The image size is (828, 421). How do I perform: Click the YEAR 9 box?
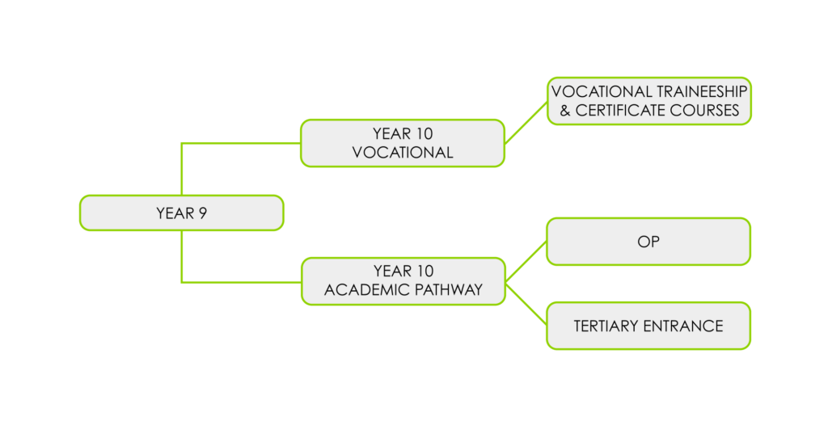pyautogui.click(x=181, y=213)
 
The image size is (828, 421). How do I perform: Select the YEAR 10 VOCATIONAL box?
pyautogui.click(x=402, y=143)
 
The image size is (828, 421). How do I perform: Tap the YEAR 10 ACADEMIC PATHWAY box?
pyautogui.click(x=403, y=280)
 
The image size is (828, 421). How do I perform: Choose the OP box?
pyautogui.click(x=648, y=242)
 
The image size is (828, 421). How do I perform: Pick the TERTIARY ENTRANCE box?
pyautogui.click(x=648, y=326)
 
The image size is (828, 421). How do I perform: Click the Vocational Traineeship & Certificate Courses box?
pyautogui.click(x=648, y=101)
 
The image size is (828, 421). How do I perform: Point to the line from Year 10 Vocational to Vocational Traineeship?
pyautogui.click(x=526, y=122)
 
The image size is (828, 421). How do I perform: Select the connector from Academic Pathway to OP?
pyautogui.click(x=526, y=261)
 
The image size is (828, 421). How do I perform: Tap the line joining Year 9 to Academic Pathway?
pyautogui.click(x=183, y=263)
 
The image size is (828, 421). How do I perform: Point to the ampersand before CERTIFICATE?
pyautogui.click(x=565, y=111)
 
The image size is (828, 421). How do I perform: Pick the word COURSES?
pyautogui.click(x=708, y=111)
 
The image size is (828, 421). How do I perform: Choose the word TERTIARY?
pyautogui.click(x=606, y=326)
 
